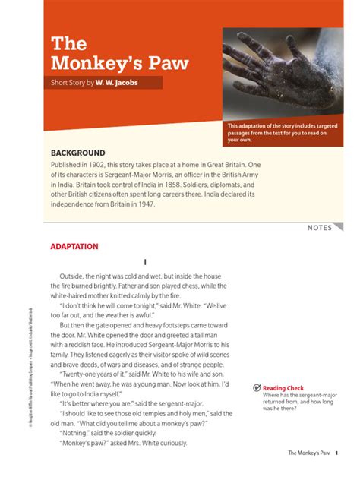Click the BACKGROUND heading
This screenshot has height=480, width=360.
[77, 153]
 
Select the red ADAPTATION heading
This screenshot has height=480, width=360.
[74, 247]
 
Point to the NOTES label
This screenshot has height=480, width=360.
[320, 228]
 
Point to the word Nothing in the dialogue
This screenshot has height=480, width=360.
[77, 433]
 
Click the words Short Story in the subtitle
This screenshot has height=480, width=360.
[68, 82]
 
